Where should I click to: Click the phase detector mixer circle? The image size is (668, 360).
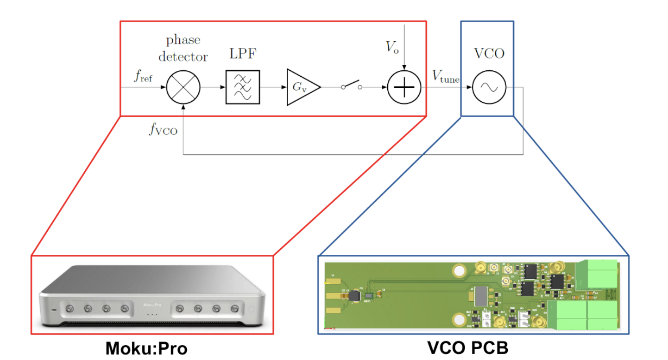183,87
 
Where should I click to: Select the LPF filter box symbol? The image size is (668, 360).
243,87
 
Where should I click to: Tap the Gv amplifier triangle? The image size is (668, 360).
301,87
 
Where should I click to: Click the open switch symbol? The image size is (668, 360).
351,85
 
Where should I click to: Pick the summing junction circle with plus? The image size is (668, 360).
404,87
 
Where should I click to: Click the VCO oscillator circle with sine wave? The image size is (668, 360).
489,87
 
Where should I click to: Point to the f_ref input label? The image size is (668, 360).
143,75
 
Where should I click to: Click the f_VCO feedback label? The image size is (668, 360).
163,130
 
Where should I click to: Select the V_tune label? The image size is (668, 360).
445,76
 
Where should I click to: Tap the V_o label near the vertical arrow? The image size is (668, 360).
392,47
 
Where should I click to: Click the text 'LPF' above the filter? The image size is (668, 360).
243,54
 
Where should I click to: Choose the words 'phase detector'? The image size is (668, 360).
183,48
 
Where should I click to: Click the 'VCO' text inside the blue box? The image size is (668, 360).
489,54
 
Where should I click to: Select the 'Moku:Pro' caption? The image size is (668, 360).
146,348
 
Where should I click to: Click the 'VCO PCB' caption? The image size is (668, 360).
468,348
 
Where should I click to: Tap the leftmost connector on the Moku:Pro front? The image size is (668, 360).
70,309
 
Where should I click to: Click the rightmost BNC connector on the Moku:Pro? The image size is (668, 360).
235,308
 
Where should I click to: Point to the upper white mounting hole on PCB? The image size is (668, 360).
459,271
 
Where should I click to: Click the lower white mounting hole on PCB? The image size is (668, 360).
459,319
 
